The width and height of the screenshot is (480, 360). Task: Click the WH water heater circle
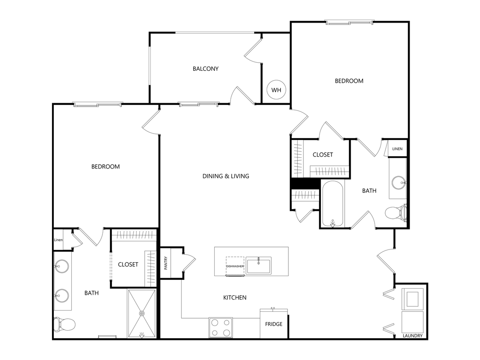click(x=276, y=90)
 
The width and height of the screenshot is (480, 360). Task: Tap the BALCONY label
click(x=205, y=69)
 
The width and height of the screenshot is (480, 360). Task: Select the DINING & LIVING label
click(x=226, y=176)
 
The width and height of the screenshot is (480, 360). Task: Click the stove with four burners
click(x=221, y=328)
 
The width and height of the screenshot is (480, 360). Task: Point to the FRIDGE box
click(x=274, y=324)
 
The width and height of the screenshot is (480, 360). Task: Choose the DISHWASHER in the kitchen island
click(x=235, y=266)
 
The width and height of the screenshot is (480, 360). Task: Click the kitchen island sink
click(x=259, y=265)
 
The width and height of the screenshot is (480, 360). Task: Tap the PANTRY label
click(x=166, y=263)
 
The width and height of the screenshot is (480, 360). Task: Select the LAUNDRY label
click(x=413, y=336)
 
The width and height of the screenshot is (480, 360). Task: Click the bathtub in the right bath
click(x=332, y=204)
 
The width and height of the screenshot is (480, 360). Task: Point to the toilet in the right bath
click(x=396, y=212)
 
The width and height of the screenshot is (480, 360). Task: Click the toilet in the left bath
click(x=64, y=325)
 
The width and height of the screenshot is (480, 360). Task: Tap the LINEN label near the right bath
click(x=397, y=149)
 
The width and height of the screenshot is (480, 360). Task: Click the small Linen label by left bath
click(x=58, y=240)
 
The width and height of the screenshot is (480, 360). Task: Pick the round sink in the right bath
click(x=399, y=183)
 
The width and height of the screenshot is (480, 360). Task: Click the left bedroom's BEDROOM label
click(x=105, y=167)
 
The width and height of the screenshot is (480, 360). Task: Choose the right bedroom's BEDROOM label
click(x=349, y=81)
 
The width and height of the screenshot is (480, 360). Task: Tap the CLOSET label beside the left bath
click(x=128, y=264)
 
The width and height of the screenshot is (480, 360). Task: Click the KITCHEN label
click(x=235, y=297)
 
